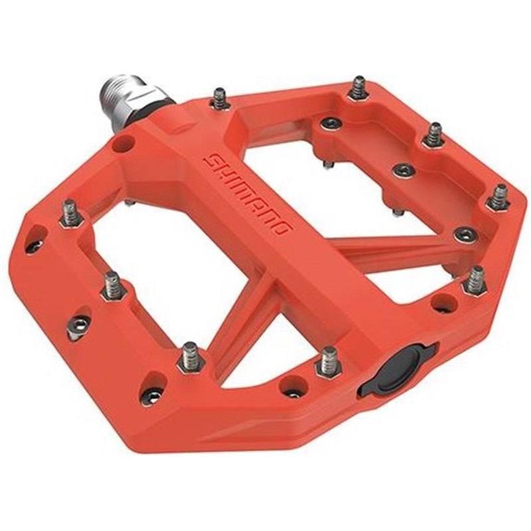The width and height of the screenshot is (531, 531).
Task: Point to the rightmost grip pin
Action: [499, 197]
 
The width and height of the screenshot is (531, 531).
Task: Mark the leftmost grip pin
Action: [69, 214]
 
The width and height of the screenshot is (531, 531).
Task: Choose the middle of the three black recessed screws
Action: [404, 170]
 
